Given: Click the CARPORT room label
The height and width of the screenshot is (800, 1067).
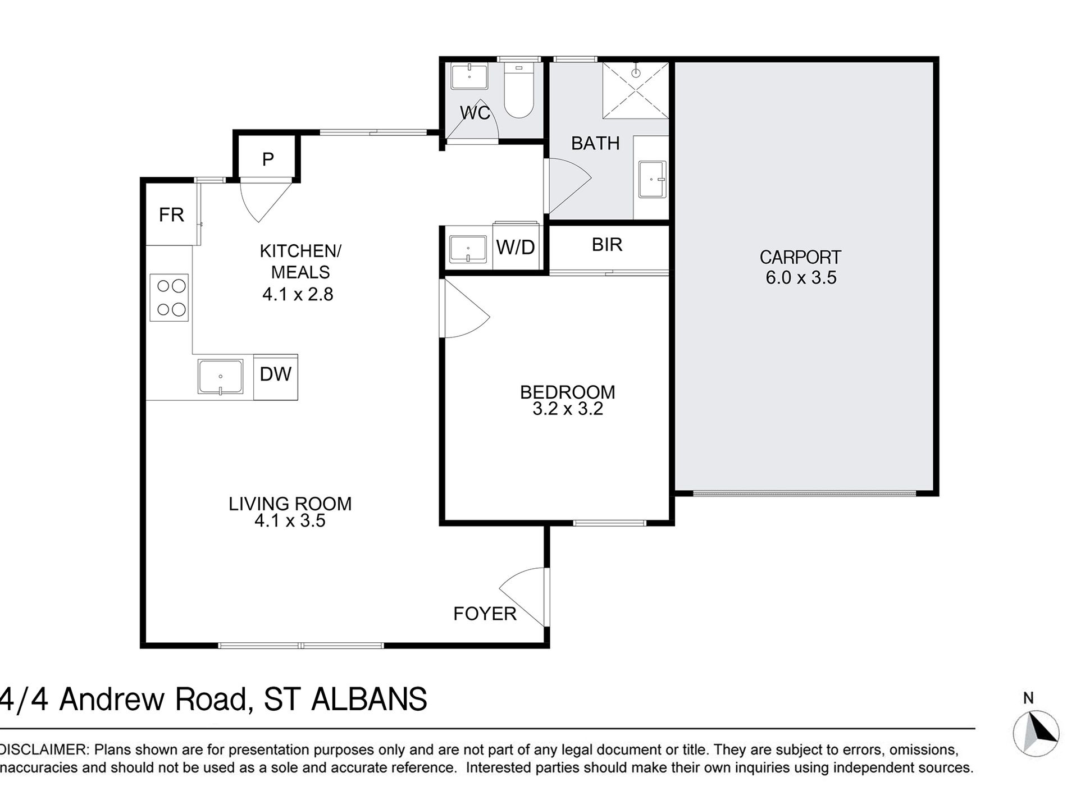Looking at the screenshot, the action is (x=800, y=258).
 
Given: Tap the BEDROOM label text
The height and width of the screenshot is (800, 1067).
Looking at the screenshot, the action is (x=568, y=392).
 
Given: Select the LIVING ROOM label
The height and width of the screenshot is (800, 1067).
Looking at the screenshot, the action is (x=290, y=504).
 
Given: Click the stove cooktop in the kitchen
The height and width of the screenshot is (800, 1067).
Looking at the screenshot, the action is (x=169, y=298).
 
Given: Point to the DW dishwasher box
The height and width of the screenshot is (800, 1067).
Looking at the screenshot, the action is (x=276, y=377).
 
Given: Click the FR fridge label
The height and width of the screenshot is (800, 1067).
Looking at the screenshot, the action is (x=171, y=214).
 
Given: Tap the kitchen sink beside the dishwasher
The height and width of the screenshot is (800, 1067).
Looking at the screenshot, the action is (x=220, y=377).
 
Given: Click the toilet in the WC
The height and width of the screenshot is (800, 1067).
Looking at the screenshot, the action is (x=518, y=90).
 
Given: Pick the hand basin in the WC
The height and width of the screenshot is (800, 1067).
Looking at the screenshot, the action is (x=469, y=76).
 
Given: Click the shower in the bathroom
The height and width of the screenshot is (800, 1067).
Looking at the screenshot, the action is (x=636, y=90).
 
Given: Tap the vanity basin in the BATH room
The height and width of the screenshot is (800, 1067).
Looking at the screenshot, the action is (x=653, y=180).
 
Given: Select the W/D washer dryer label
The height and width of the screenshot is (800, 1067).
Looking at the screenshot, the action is (x=516, y=247).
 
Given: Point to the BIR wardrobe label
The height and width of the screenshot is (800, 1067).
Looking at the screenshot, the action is (x=607, y=245).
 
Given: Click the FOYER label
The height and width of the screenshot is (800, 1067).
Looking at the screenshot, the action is (x=485, y=614).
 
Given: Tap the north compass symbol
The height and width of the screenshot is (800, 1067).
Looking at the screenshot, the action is (x=1036, y=733).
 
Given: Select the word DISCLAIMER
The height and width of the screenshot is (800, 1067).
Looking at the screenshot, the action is (x=44, y=750).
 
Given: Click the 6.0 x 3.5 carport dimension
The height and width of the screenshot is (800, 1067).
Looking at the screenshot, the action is (x=801, y=277).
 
